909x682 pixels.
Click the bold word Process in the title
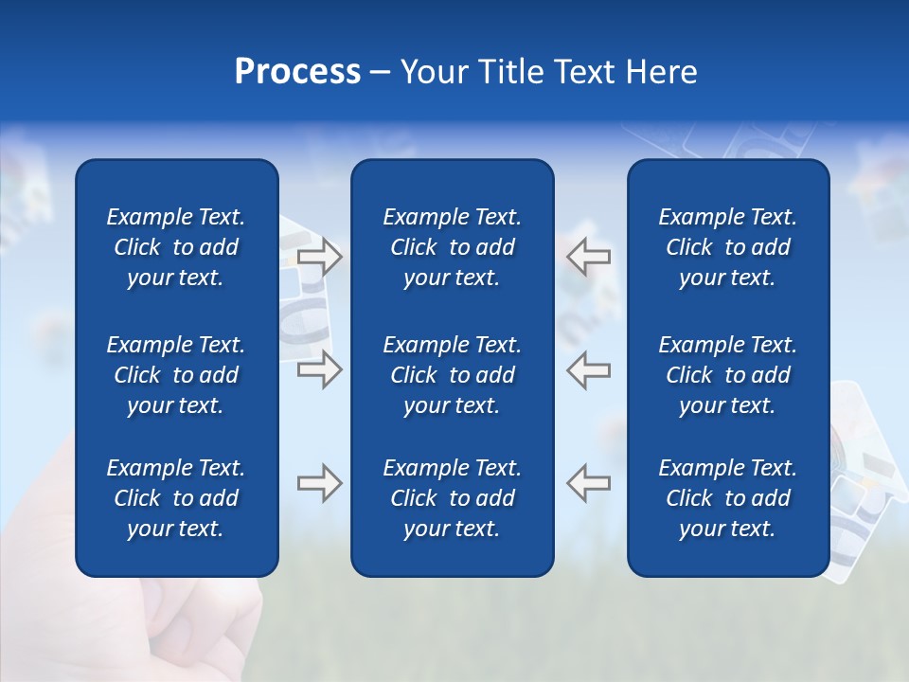(x=297, y=72)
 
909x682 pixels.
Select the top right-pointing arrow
(x=320, y=257)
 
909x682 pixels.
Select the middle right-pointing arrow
(x=320, y=369)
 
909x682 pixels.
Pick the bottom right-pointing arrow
(x=320, y=483)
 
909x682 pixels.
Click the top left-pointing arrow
(x=588, y=256)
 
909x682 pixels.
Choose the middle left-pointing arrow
(x=588, y=369)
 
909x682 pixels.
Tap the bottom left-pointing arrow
(x=588, y=482)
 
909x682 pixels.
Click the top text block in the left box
(x=176, y=247)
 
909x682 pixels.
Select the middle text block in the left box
(x=176, y=375)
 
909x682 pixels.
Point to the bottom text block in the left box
(x=176, y=498)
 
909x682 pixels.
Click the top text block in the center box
(x=452, y=247)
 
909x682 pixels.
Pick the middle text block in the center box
(x=452, y=375)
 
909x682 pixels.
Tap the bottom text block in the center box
(x=452, y=498)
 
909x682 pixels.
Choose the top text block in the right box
(x=727, y=247)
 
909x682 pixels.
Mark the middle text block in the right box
(x=727, y=375)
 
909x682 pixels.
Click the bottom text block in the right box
(x=727, y=498)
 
